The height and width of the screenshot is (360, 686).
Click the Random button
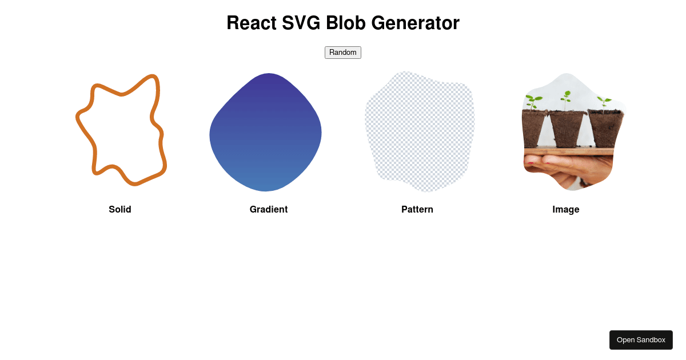coord(342,53)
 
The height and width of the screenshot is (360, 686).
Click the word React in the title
coord(252,23)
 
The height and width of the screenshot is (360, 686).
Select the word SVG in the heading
coord(301,23)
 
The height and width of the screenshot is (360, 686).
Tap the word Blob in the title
coord(345,23)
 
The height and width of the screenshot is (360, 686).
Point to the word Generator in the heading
coord(415,23)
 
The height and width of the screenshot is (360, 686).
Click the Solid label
coord(119,209)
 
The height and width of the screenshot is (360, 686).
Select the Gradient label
coord(269,209)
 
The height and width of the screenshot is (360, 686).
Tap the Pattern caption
coord(417,209)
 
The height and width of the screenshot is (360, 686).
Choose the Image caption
coord(565,210)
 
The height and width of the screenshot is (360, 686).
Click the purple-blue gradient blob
coord(265,132)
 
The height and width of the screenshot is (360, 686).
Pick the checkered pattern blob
coord(420,131)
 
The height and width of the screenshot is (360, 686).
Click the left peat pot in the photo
coord(534,129)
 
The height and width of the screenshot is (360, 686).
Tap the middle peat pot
coord(567,129)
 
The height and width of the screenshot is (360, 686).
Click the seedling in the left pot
coord(533,102)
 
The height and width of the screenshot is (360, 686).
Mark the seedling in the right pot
coord(604,102)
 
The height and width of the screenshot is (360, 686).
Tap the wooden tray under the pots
coord(569,151)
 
